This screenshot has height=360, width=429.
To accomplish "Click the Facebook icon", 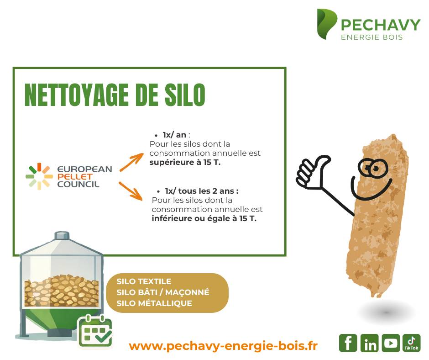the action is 348,343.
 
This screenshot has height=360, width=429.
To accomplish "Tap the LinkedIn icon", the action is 369,343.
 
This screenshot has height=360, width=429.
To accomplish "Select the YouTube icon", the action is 391,343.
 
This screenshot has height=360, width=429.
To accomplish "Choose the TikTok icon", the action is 412,343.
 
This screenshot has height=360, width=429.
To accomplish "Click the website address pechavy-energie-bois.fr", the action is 223,346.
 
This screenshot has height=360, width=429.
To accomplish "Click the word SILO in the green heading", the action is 185,95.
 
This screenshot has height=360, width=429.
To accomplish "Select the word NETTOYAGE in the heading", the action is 76,95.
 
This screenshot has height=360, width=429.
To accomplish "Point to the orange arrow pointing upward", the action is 131,162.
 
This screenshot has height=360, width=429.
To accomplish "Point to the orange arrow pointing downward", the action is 131,191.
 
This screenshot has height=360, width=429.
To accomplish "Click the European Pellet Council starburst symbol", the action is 39,176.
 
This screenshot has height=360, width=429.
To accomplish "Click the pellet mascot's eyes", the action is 373,168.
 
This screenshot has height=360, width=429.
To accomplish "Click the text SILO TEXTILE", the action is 144,281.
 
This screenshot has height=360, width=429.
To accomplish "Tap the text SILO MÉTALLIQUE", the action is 154,303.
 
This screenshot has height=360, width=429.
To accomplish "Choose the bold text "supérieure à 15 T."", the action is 185,163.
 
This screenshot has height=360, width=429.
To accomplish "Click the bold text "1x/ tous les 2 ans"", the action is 200,191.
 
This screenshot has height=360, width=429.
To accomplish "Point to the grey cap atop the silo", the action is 62,235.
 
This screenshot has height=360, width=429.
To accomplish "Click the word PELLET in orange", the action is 75,177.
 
